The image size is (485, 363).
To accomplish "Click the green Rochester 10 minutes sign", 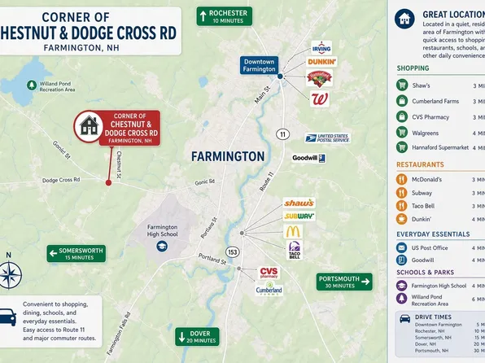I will pyautogui.click(x=223, y=16).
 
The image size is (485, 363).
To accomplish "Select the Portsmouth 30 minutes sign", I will pyautogui.click(x=344, y=282).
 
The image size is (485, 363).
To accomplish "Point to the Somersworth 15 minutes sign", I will pyautogui.click(x=76, y=253).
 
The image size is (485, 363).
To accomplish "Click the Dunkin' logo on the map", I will pyautogui.click(x=321, y=62).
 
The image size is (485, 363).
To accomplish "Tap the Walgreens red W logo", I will pyautogui.click(x=320, y=98).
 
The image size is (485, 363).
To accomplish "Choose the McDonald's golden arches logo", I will pyautogui.click(x=293, y=232).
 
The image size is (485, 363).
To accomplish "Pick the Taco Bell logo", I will pyautogui.click(x=294, y=250).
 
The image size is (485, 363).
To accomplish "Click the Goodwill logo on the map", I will pyautogui.click(x=309, y=158).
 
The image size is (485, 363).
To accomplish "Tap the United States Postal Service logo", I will pyautogui.click(x=326, y=138).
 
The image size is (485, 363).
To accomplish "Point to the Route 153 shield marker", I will pyautogui.click(x=233, y=251).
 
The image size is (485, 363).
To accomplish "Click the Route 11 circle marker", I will pyautogui.click(x=282, y=133).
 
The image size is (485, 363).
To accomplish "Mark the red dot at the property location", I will pyautogui.click(x=108, y=182).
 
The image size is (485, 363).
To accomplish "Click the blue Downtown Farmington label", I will pyautogui.click(x=259, y=65).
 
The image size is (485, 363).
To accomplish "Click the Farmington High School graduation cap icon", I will pyautogui.click(x=162, y=245).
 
